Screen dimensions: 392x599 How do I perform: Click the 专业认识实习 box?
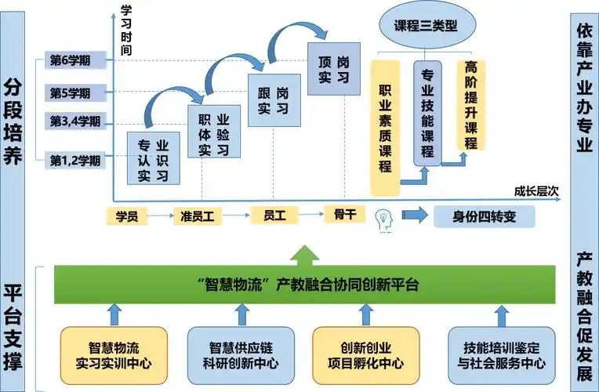coord(153,160)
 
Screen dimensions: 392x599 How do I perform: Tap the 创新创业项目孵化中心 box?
coord(360,355)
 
